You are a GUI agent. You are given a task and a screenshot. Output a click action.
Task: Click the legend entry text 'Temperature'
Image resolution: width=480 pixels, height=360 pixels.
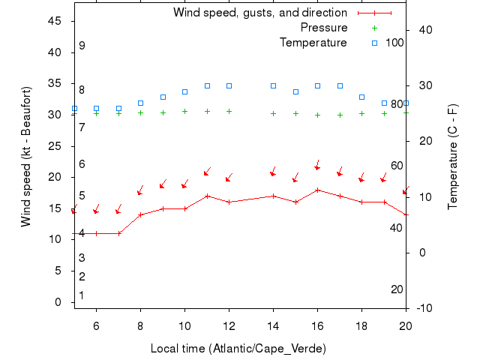(x=313, y=43)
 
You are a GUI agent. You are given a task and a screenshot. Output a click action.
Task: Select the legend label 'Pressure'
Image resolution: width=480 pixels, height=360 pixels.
(x=324, y=28)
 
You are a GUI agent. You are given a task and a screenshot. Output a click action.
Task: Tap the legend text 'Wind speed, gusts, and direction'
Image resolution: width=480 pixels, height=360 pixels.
(x=259, y=13)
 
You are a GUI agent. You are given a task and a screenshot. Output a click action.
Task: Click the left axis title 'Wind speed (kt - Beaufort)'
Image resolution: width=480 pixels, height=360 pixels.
(x=26, y=156)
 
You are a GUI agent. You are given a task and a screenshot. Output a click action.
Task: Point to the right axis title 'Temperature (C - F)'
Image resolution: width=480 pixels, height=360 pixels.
(x=453, y=156)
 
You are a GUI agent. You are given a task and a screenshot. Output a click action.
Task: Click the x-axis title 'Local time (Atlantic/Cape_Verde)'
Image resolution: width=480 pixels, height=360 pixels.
(x=238, y=349)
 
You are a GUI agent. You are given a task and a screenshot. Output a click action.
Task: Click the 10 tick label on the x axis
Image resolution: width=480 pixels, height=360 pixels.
(x=184, y=325)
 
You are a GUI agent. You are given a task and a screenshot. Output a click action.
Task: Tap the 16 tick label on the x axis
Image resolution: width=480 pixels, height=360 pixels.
(x=317, y=325)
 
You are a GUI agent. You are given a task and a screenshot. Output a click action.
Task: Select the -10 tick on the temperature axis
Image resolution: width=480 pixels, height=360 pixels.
(x=421, y=308)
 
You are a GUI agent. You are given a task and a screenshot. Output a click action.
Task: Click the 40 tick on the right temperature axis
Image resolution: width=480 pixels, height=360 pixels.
(x=421, y=30)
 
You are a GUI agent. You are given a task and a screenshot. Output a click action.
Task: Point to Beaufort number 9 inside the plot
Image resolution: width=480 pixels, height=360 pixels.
(x=82, y=46)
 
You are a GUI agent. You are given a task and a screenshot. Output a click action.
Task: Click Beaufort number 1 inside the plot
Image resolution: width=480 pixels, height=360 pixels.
(x=82, y=295)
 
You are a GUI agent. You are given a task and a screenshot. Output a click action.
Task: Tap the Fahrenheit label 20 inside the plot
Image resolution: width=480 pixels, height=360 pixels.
(x=397, y=289)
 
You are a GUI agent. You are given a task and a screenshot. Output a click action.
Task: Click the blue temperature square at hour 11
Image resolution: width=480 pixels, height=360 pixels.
(x=207, y=86)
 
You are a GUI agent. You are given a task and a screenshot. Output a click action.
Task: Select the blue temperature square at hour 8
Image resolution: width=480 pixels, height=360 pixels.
(x=140, y=103)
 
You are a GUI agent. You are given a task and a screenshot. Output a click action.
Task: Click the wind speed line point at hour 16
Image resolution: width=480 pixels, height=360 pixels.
(x=317, y=190)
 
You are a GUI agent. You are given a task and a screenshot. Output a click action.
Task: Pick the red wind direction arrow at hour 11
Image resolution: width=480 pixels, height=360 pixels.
(x=207, y=172)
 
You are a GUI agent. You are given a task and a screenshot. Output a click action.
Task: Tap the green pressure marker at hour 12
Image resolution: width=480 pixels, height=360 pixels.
(x=229, y=111)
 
